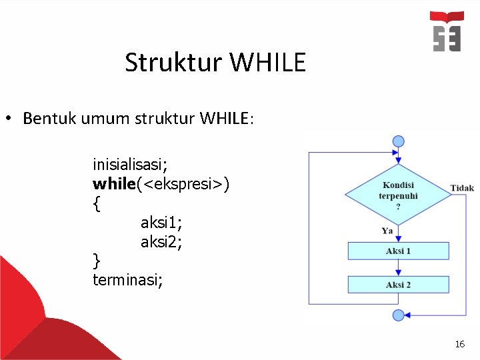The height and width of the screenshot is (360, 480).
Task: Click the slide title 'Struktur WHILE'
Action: (x=215, y=63)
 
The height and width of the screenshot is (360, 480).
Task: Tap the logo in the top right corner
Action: (x=447, y=31)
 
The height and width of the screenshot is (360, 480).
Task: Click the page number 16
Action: (x=459, y=344)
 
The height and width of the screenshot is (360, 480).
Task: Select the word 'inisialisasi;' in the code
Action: (x=130, y=163)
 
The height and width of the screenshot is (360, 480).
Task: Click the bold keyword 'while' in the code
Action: (x=114, y=183)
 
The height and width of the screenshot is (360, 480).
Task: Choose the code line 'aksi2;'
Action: (x=161, y=242)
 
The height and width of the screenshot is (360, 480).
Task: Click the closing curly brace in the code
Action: (x=97, y=259)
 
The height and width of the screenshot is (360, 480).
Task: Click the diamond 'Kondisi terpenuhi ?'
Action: (x=398, y=195)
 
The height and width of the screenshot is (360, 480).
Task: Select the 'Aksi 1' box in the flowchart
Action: (x=398, y=251)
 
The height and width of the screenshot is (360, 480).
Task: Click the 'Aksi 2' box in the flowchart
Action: (x=398, y=285)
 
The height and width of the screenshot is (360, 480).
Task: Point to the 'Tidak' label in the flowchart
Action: (x=462, y=188)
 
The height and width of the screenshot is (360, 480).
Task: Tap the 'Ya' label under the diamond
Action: (x=387, y=231)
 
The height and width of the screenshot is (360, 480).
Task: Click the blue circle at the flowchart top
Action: (x=399, y=141)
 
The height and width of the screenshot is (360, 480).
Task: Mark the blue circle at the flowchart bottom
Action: (x=399, y=315)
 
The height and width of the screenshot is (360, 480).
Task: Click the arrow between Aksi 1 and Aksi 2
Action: (x=399, y=267)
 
